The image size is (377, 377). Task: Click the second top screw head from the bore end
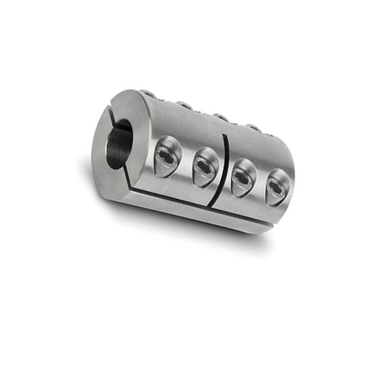(185, 105)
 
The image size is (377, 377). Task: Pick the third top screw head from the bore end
(219, 116)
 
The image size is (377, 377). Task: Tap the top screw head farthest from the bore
(253, 128)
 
